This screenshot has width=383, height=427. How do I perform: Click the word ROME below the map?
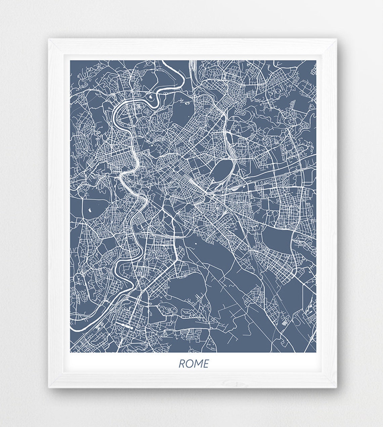(194, 364)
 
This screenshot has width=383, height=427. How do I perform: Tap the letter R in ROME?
(182, 364)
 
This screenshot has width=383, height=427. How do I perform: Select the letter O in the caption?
(189, 364)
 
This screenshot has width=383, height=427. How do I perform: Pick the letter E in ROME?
(205, 364)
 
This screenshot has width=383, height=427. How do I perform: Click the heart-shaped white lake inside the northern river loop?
(152, 96)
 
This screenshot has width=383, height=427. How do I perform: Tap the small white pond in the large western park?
(89, 211)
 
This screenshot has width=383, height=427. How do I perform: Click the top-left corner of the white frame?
(49, 39)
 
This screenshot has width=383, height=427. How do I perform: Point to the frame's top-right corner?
(336, 39)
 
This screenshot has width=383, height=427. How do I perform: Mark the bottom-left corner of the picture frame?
(49, 387)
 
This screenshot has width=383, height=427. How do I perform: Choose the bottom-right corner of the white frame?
(336, 387)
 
